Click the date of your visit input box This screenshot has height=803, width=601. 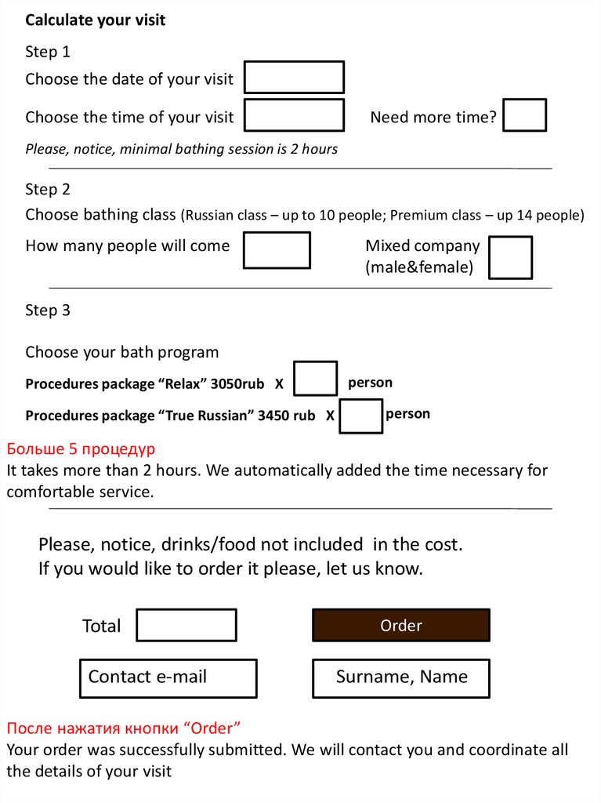point(294,78)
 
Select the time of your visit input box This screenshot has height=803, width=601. point(294,115)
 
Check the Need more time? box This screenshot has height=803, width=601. point(524,115)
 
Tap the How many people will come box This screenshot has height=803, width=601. point(277,250)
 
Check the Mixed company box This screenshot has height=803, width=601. point(510,258)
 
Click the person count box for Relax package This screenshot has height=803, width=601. point(316,379)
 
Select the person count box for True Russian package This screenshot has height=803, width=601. point(361,416)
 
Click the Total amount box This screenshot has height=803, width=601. point(186,625)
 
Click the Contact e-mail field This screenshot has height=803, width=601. point(168,678)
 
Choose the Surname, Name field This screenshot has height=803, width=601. point(401,678)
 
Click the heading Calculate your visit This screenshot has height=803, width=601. point(96,20)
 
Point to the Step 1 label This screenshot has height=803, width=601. point(48,53)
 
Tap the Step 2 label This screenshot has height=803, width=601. point(48,190)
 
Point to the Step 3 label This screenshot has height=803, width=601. point(48,311)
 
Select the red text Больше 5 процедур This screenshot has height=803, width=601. point(81,449)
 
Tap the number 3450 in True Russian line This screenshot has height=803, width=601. point(273,416)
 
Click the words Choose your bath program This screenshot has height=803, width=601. point(122,352)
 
